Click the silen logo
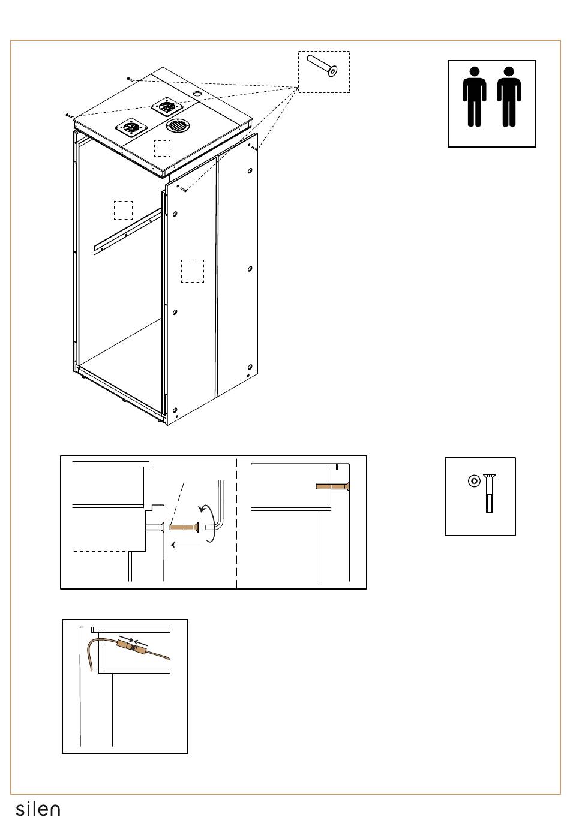point(38,809)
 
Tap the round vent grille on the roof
point(177,125)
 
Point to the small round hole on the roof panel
point(197,95)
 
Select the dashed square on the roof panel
point(162,148)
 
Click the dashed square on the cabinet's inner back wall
point(123,210)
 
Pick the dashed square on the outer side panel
point(193,271)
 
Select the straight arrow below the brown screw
point(185,545)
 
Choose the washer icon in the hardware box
point(475,481)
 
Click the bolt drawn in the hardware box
point(490,493)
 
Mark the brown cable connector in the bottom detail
point(133,647)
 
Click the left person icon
point(474,97)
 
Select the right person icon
point(509,97)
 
